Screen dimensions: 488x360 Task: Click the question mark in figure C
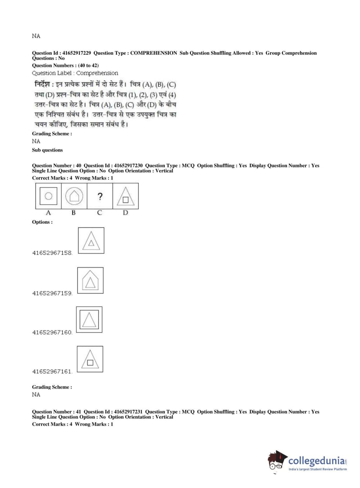point(100,196)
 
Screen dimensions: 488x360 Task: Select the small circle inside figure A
point(48,196)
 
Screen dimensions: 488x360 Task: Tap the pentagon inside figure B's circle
point(74,196)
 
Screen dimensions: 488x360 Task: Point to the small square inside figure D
point(126,200)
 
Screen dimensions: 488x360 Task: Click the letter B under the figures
point(74,213)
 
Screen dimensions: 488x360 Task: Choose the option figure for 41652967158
point(91,240)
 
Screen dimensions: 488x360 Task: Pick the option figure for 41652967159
point(90,280)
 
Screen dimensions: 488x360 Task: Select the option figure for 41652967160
point(89,320)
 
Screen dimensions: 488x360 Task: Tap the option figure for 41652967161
point(90,359)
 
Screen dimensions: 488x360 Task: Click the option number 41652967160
point(52,333)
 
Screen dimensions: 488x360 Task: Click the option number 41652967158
point(52,253)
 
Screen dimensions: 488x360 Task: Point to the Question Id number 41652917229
point(76,53)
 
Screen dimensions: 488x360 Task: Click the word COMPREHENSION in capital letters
point(154,53)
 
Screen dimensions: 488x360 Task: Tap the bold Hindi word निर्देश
point(42,85)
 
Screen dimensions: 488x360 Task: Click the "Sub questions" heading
point(47,150)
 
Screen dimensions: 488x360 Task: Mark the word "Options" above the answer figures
point(42,222)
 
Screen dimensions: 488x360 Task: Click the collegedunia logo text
point(316,461)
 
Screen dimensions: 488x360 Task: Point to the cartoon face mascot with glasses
point(277,461)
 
